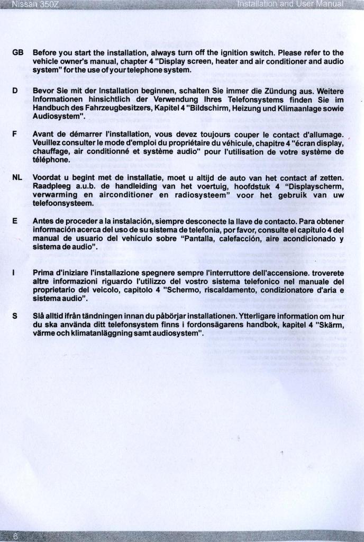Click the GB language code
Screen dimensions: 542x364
point(17,53)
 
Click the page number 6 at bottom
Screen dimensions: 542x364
point(16,536)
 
